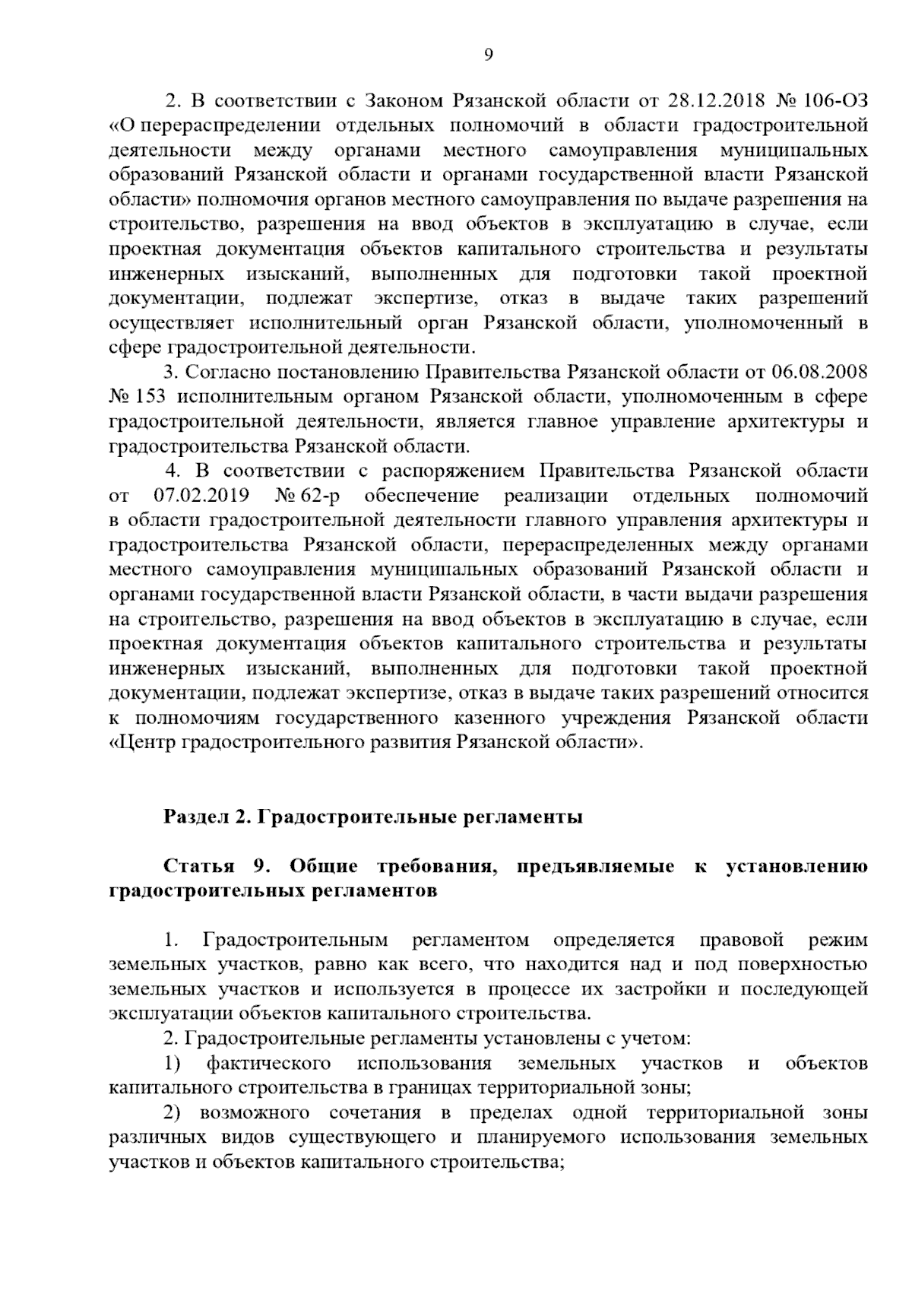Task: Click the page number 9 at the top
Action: coord(489,54)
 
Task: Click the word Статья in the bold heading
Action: coord(193,868)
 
